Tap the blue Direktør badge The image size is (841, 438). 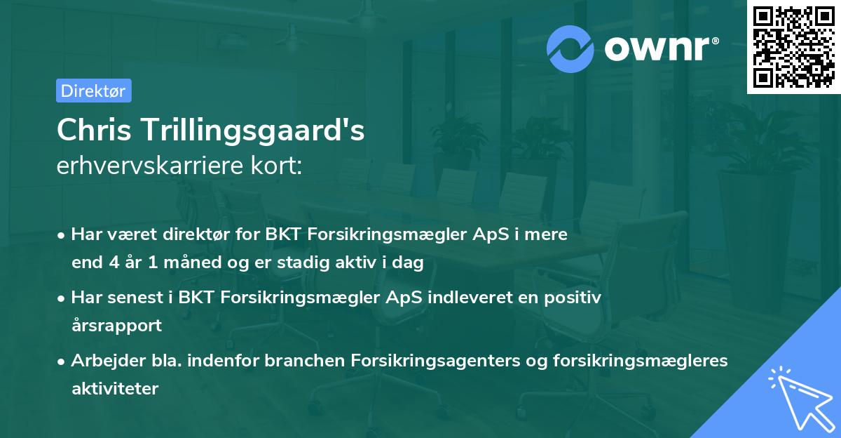coord(93,91)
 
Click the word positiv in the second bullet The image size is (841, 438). coord(574,298)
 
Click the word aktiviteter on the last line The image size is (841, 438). coord(114,388)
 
